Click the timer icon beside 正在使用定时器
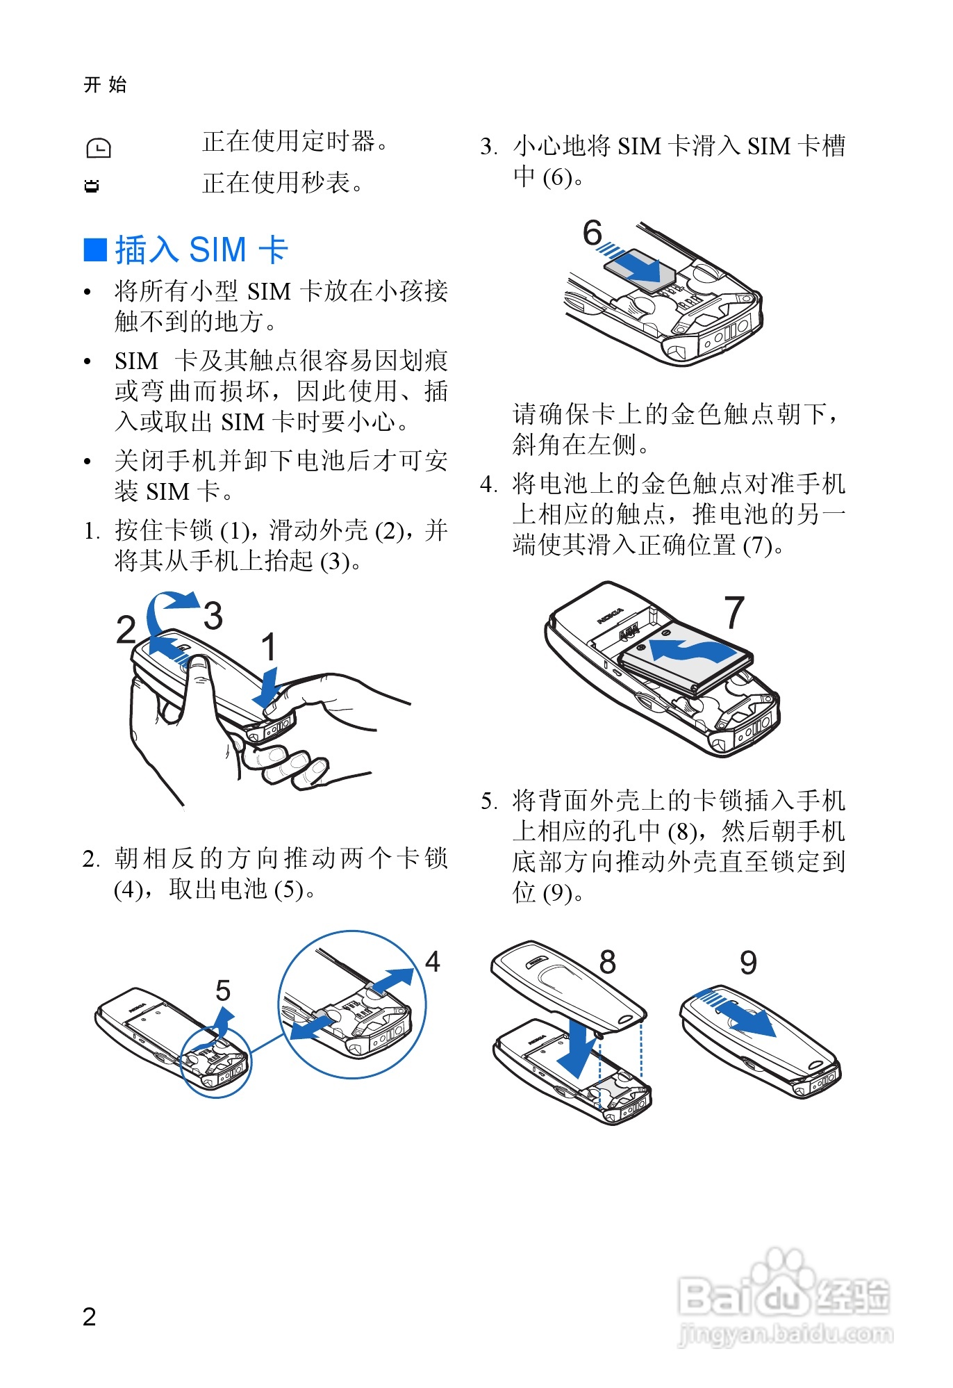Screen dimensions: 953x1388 point(98,147)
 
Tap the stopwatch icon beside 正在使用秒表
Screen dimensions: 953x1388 point(91,186)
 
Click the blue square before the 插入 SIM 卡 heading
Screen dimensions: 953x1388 point(95,250)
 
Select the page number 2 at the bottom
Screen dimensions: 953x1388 point(89,1316)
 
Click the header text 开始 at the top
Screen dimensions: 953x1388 point(105,85)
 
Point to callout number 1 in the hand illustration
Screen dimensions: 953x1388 point(268,646)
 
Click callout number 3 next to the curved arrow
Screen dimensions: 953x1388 point(213,615)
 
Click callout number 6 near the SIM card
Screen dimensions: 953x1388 point(592,232)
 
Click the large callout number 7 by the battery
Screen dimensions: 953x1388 point(734,612)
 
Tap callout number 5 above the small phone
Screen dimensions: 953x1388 point(222,990)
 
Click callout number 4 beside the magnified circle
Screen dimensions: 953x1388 point(432,961)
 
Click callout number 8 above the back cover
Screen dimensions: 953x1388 point(608,962)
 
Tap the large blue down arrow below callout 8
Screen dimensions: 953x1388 point(577,1046)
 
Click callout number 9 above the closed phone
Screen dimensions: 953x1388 point(748,963)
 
